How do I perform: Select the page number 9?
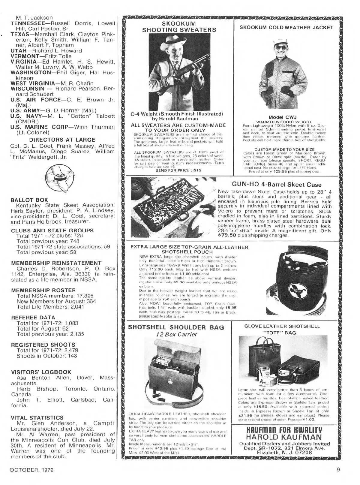[338, 470]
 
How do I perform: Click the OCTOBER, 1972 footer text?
[32, 470]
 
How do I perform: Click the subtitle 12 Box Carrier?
[176, 334]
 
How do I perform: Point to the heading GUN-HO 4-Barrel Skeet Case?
[277, 185]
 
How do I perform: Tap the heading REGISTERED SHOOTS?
[43, 345]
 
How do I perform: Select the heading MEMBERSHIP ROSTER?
[43, 290]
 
